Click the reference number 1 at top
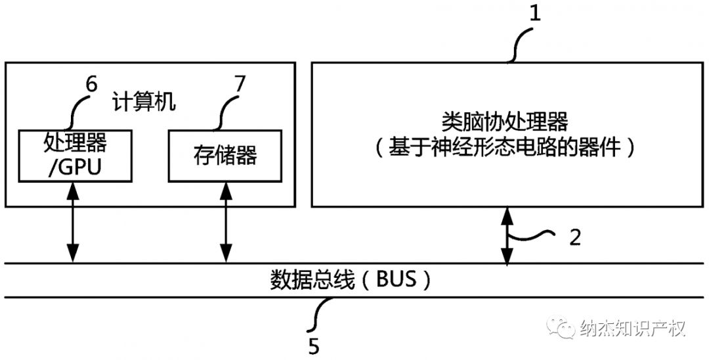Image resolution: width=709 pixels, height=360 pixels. coord(535,13)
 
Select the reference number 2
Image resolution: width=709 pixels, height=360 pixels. coord(574,237)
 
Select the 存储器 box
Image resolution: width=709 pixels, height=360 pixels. coord(225,155)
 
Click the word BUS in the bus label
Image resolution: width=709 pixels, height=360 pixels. coord(397,281)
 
